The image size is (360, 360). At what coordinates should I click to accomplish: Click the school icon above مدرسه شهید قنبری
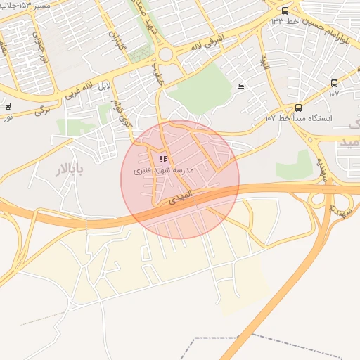[x=164, y=159]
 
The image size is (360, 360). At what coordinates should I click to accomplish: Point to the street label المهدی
[x=180, y=200]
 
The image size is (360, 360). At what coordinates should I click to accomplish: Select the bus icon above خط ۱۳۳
[x=285, y=11]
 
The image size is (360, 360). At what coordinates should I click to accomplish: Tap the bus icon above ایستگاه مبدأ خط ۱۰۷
[x=298, y=108]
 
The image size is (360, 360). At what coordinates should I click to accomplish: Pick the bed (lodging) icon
[x=241, y=86]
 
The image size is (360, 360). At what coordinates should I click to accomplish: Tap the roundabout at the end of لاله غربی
[x=166, y=54]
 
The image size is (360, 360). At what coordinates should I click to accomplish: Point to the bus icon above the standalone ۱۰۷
[x=334, y=83]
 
